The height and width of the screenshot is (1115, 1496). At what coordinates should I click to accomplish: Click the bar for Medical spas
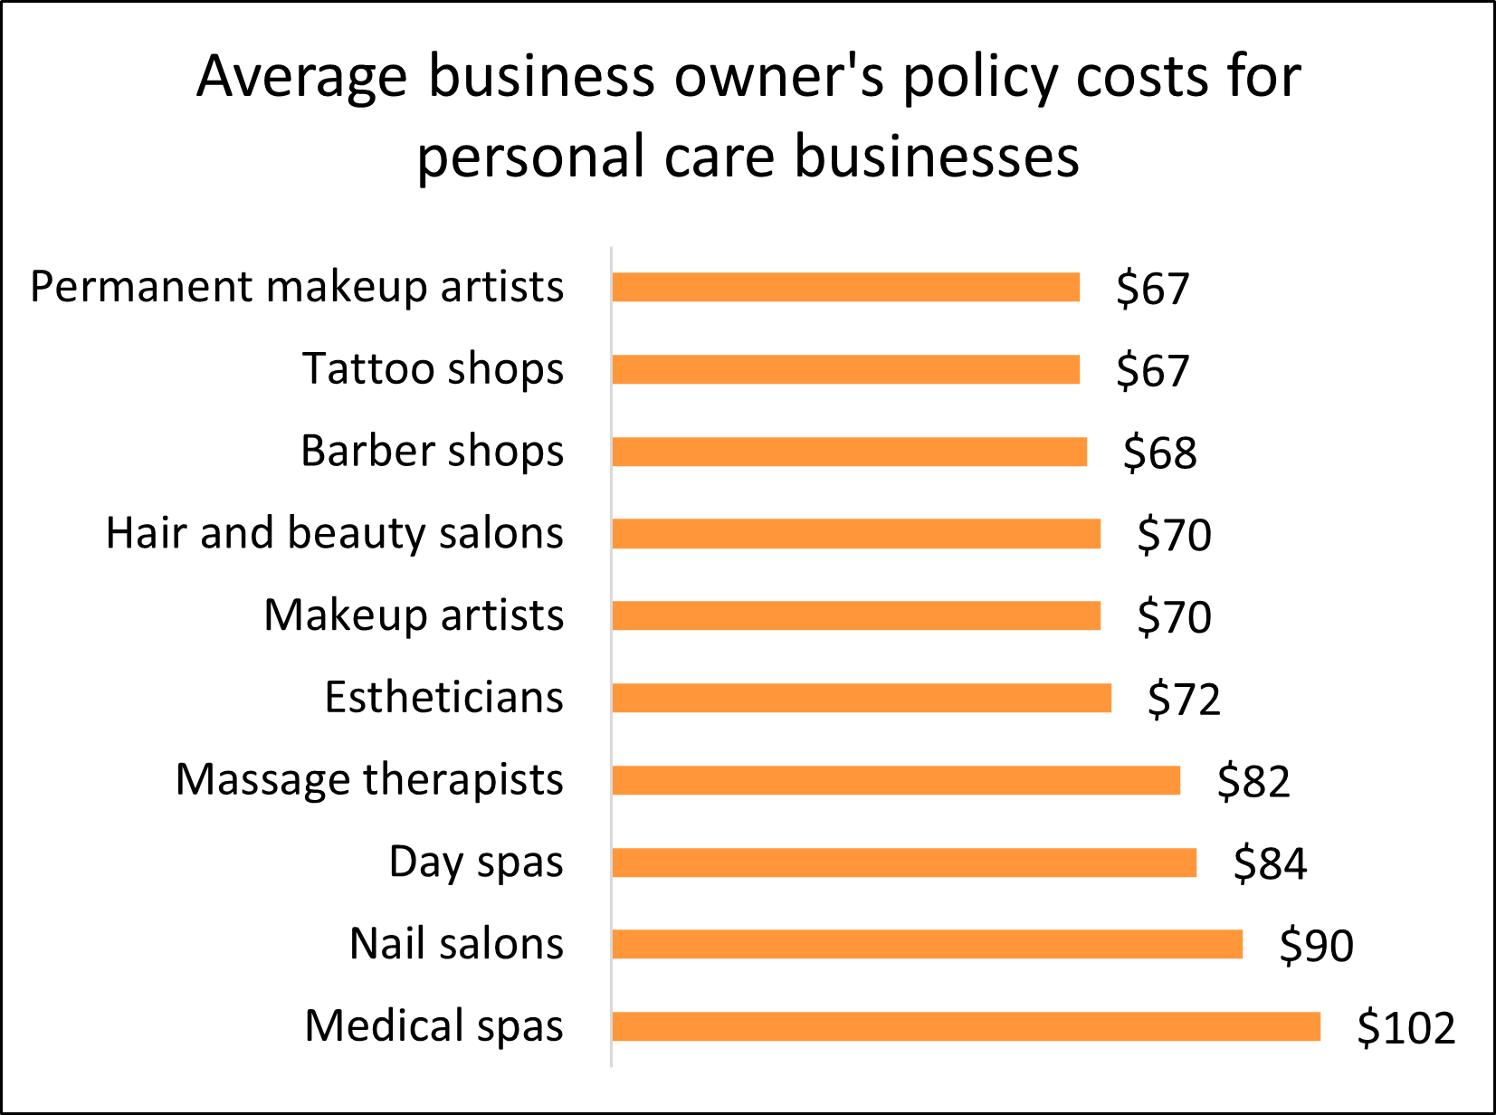pyautogui.click(x=966, y=1026)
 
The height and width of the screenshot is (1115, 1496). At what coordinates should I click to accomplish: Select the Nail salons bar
pyautogui.click(x=927, y=944)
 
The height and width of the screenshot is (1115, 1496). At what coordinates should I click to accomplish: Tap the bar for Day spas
pyautogui.click(x=904, y=862)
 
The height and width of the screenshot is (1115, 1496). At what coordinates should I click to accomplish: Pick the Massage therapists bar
pyautogui.click(x=896, y=780)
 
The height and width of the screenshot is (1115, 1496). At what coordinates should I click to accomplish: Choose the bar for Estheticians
pyautogui.click(x=862, y=698)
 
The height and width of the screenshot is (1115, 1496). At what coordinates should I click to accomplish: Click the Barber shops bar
pyautogui.click(x=849, y=452)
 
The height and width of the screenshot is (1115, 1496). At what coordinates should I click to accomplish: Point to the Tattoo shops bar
pyautogui.click(x=845, y=369)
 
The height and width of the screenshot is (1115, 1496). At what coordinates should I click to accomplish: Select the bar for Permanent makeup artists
pyautogui.click(x=845, y=287)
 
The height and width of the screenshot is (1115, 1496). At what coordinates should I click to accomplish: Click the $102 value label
pyautogui.click(x=1406, y=1028)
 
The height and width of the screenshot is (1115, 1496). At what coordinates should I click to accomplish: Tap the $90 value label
pyautogui.click(x=1316, y=946)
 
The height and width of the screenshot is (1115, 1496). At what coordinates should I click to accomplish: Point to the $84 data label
pyautogui.click(x=1270, y=863)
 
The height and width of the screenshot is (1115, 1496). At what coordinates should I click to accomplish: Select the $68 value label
pyautogui.click(x=1159, y=453)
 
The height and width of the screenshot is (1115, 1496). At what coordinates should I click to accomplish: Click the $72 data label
pyautogui.click(x=1184, y=700)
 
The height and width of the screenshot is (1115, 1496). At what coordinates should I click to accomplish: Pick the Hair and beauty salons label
pyautogui.click(x=334, y=533)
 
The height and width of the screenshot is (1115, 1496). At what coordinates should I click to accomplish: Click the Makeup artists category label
pyautogui.click(x=414, y=615)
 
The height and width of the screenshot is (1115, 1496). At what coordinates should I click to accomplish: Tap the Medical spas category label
pyautogui.click(x=434, y=1026)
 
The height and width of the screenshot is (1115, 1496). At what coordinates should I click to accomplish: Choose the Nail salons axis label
pyautogui.click(x=456, y=944)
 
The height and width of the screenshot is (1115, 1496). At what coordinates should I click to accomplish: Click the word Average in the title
pyautogui.click(x=302, y=76)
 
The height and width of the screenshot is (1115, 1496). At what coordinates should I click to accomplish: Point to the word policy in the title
pyautogui.click(x=980, y=78)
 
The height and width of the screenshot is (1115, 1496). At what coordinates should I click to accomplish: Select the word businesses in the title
pyautogui.click(x=937, y=157)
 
